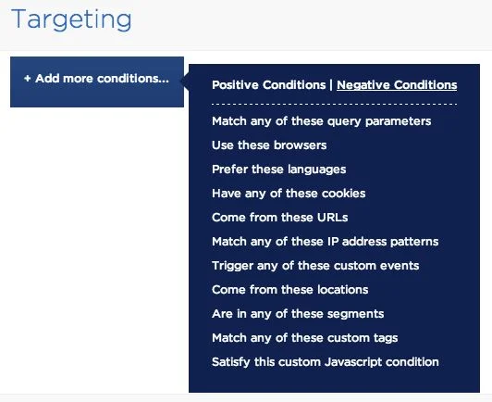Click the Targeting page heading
point(71,19)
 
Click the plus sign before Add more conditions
point(28,79)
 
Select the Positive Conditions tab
point(268,85)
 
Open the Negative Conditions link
point(397,85)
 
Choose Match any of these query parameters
point(321,121)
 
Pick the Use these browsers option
point(269,145)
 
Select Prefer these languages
point(279,170)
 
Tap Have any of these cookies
point(289,194)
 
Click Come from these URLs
point(280,218)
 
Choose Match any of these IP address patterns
point(326,242)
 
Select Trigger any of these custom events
point(315,266)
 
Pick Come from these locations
point(290,290)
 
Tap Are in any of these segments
point(298,314)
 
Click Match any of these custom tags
point(304,338)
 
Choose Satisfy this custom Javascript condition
point(326,362)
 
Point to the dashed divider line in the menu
point(334,104)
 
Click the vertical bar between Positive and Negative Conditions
point(331,85)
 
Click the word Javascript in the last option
point(353,362)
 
